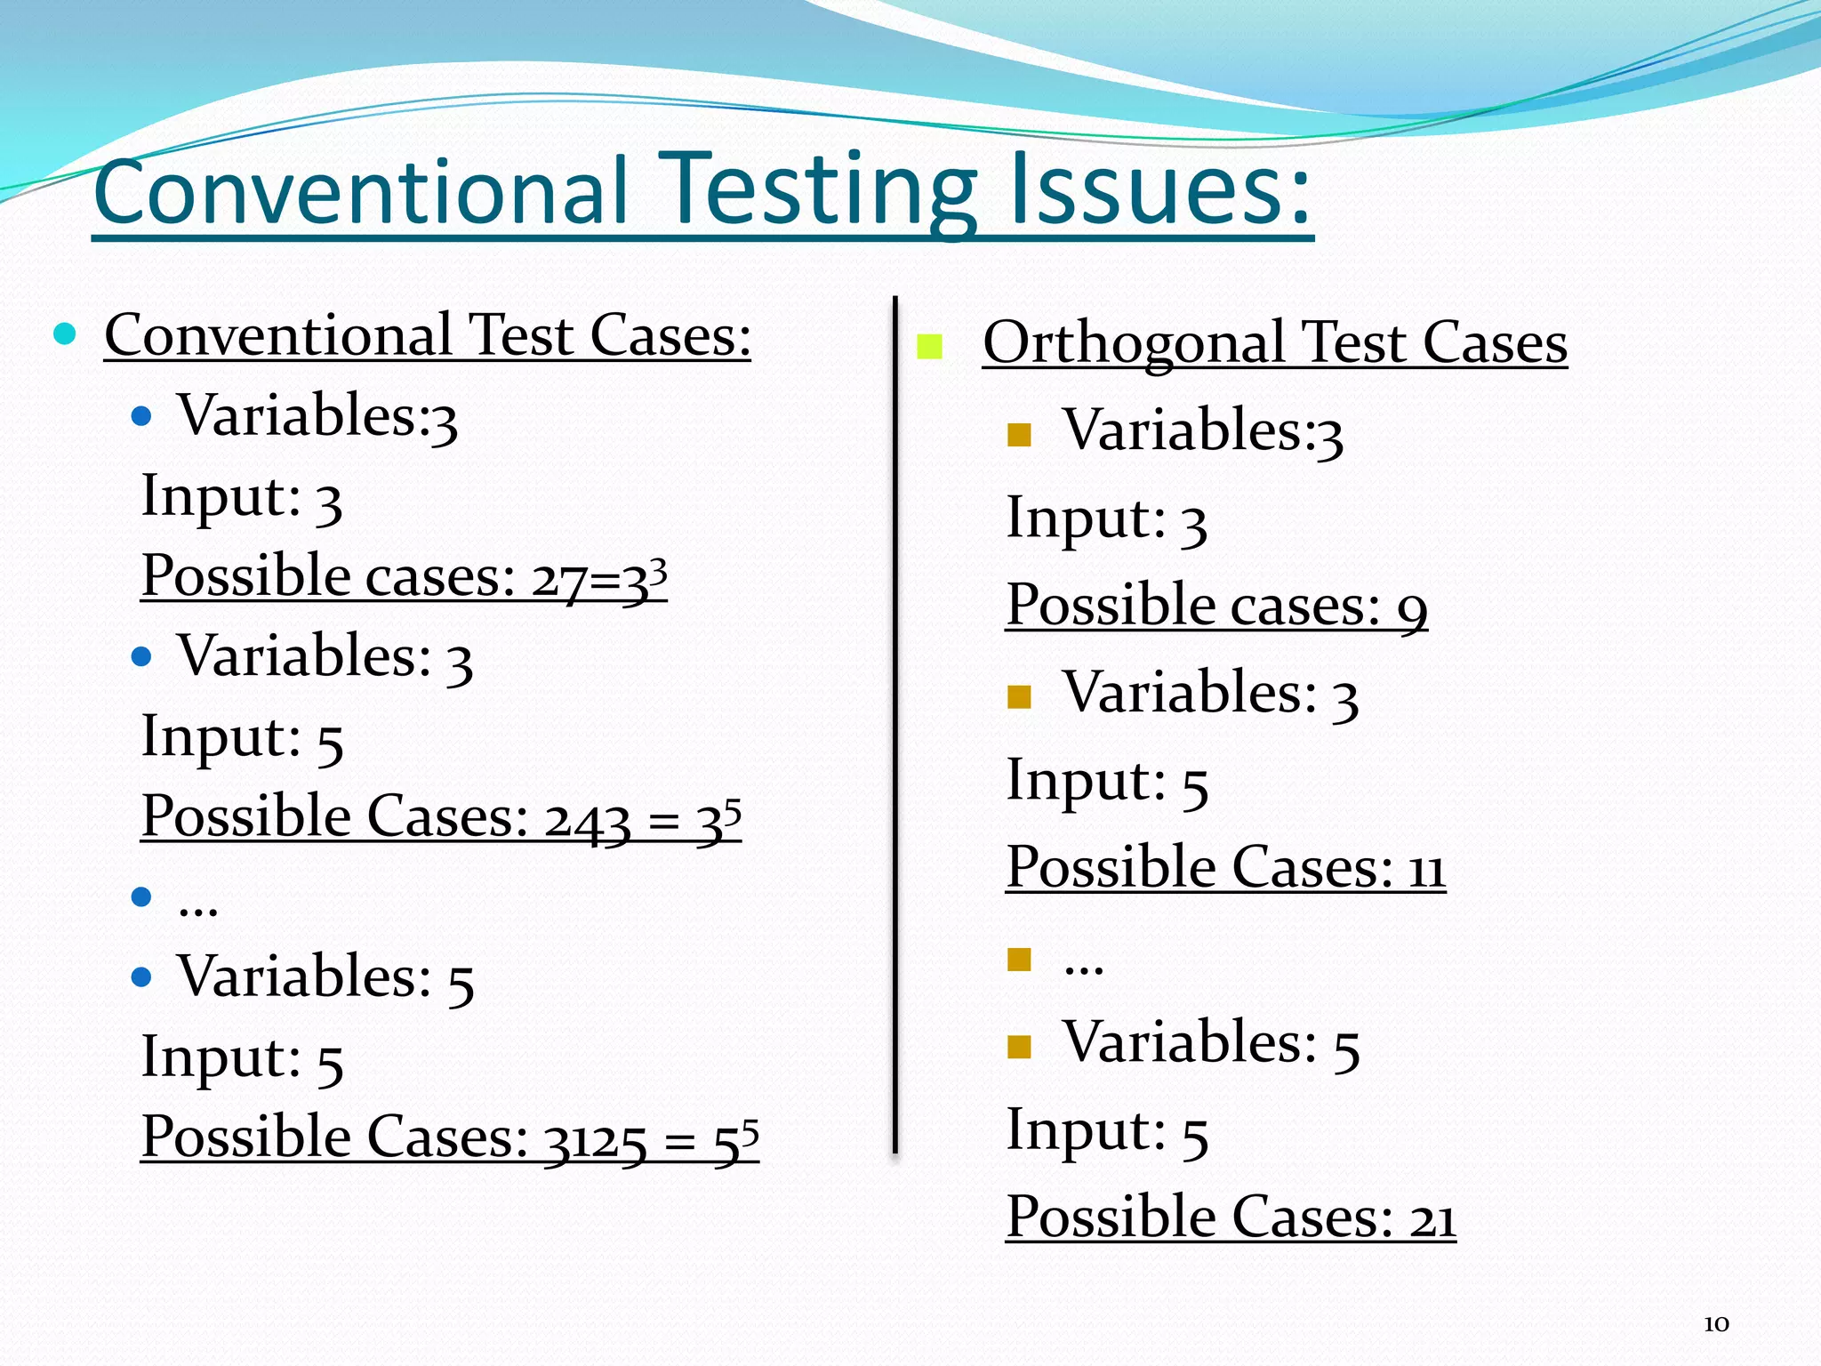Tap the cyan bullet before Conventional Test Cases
click(x=65, y=334)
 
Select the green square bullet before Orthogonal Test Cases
click(x=929, y=347)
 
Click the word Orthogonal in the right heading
click(x=1135, y=343)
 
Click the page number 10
click(x=1716, y=1324)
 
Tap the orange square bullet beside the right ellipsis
click(x=1019, y=960)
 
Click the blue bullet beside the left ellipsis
click(x=141, y=896)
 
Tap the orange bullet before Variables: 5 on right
click(x=1019, y=1047)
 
